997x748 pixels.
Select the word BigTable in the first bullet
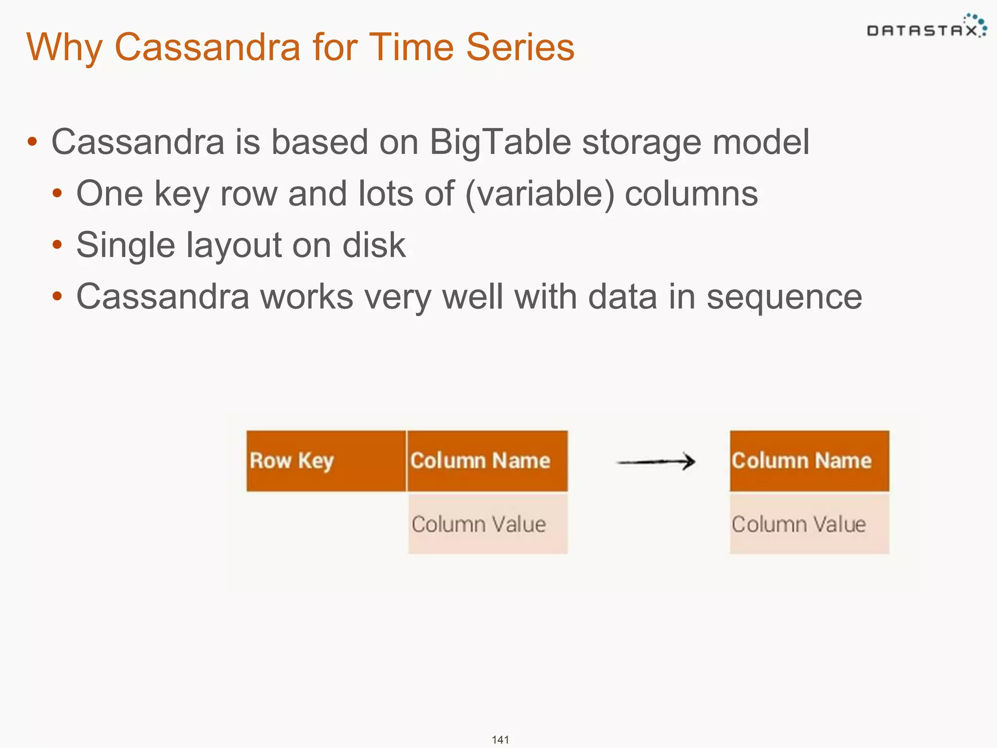click(x=500, y=142)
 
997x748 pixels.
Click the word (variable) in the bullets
click(x=539, y=194)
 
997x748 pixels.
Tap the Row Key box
click(x=326, y=461)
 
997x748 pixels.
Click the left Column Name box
click(x=487, y=461)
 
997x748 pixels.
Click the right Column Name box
click(x=809, y=461)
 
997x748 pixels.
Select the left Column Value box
click(x=487, y=524)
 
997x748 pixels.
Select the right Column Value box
click(x=809, y=524)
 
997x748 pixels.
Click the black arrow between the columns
click(x=656, y=462)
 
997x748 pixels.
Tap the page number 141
click(x=500, y=740)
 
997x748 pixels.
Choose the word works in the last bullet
click(x=307, y=297)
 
